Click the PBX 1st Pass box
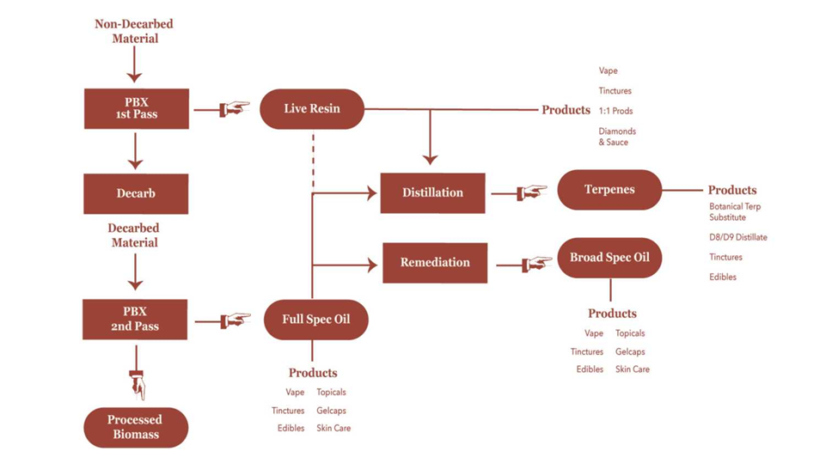pos(136,108)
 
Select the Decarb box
pos(136,194)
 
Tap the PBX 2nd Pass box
pos(136,320)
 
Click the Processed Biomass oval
pos(135,426)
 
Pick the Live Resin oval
pos(312,108)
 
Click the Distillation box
pos(432,193)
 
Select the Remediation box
pos(434,263)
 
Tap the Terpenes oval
pos(609,190)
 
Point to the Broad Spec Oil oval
pos(609,258)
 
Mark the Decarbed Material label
pos(134,235)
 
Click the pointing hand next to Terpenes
pos(533,192)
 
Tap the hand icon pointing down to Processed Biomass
pos(136,384)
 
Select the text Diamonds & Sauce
pos(617,137)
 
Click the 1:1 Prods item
pos(615,111)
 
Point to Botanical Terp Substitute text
pos(735,211)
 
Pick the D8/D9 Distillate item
pos(737,237)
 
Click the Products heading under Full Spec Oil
pos(313,373)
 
